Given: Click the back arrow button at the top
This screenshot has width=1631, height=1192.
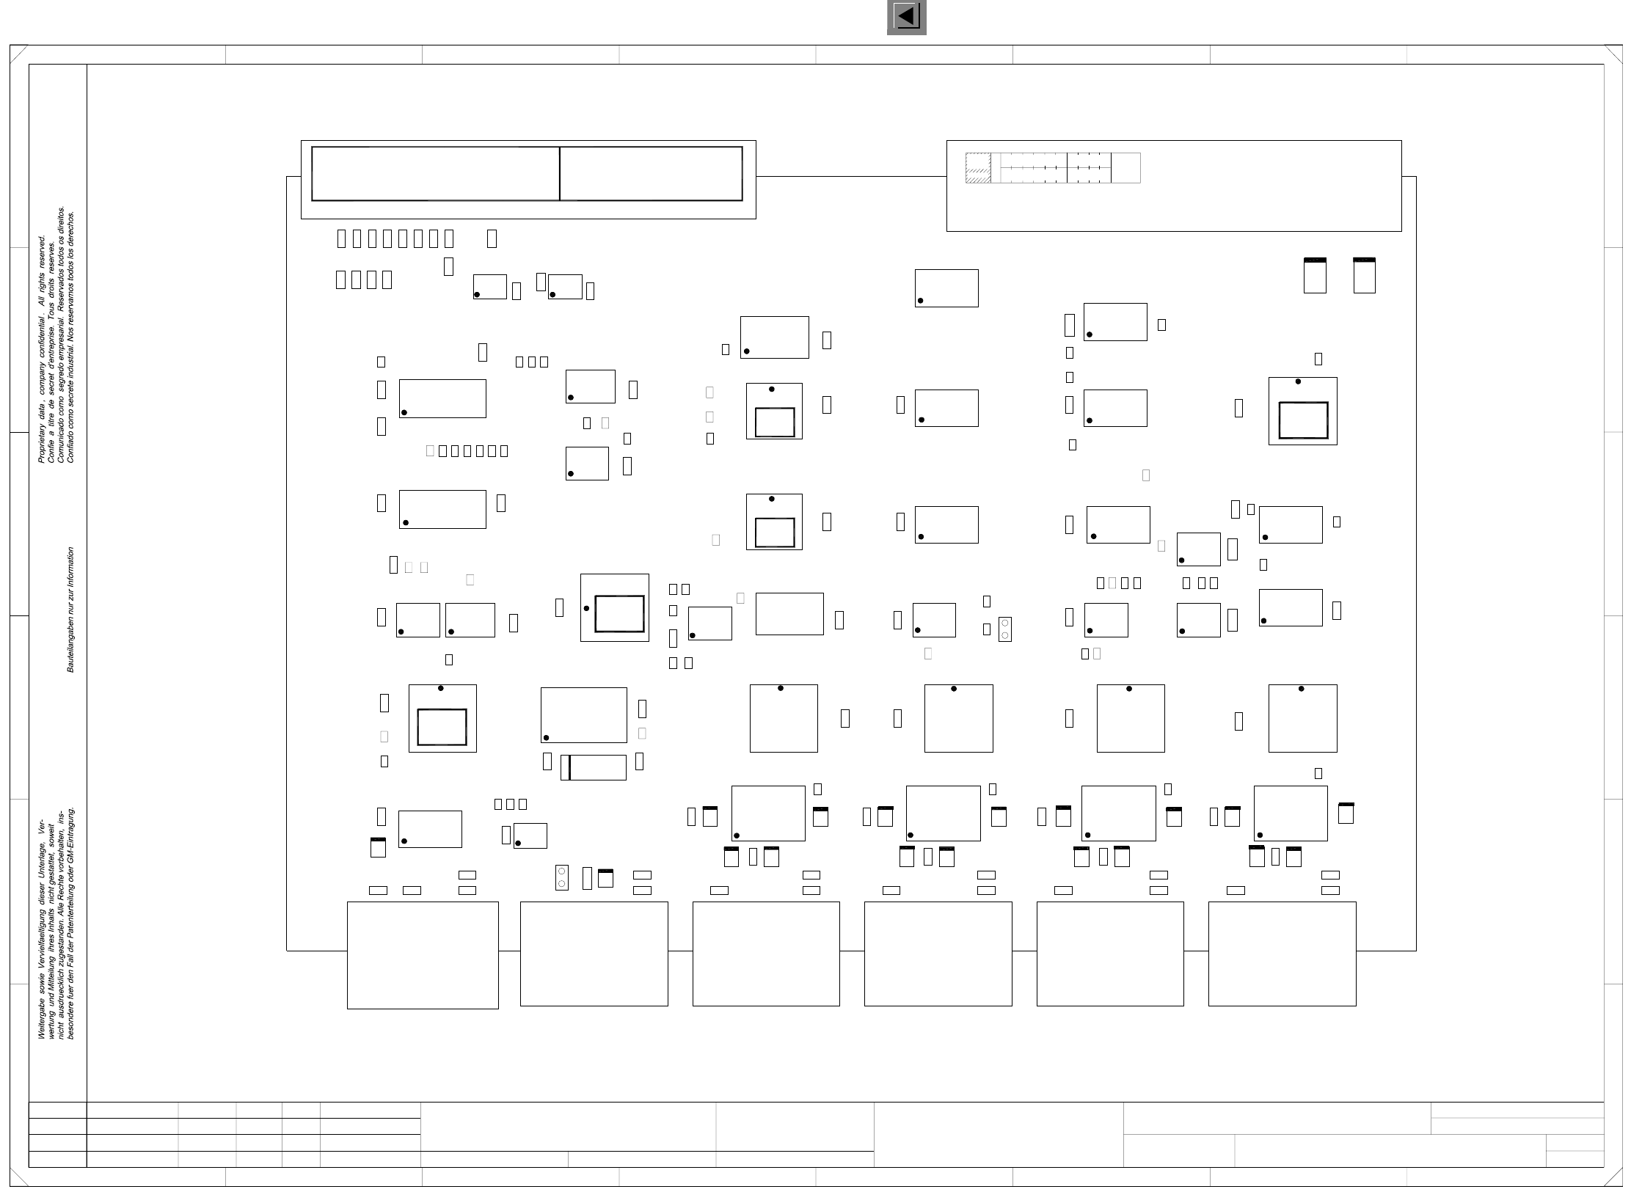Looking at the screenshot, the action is click(x=906, y=16).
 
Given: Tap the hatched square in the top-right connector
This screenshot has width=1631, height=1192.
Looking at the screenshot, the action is click(x=978, y=168).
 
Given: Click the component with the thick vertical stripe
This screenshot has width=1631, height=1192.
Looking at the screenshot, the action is click(x=594, y=767).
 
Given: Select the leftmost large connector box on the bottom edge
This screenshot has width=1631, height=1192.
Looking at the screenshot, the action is click(x=423, y=955).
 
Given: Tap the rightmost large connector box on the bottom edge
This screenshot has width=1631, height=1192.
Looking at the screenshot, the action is click(x=1282, y=954).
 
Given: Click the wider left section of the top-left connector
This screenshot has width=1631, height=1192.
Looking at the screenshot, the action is click(x=435, y=173).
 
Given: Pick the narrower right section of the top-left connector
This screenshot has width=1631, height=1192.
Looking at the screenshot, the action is click(x=651, y=173).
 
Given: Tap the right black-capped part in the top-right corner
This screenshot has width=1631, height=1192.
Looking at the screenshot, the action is click(x=1364, y=276).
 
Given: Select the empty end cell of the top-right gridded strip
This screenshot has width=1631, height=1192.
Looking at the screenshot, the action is click(x=1125, y=168).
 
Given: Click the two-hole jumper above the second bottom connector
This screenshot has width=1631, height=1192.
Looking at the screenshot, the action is click(x=562, y=877).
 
